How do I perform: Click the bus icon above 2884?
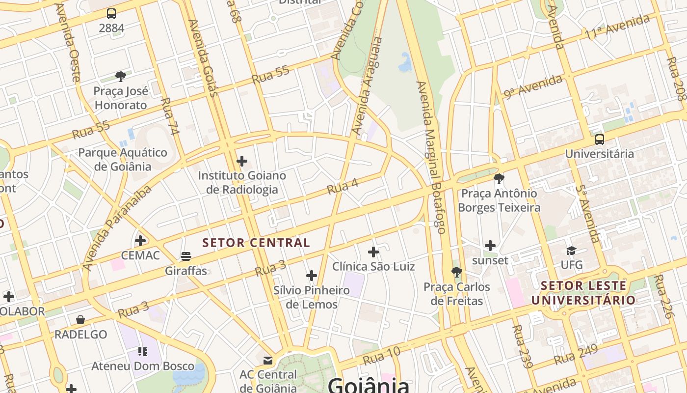click(x=111, y=14)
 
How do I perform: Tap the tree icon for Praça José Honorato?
click(x=120, y=76)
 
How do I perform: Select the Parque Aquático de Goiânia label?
click(x=123, y=159)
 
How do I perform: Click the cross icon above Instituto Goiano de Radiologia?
click(x=242, y=161)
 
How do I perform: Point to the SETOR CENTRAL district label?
click(x=256, y=243)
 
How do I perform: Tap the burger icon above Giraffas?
click(x=185, y=256)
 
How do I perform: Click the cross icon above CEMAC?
click(x=140, y=241)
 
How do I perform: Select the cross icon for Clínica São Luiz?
click(x=373, y=252)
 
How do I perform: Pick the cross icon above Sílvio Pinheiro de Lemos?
click(x=311, y=276)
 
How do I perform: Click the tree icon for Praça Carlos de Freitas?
click(x=457, y=272)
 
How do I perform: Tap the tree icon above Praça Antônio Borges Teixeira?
click(x=499, y=178)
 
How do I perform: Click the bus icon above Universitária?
click(x=599, y=139)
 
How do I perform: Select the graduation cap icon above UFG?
click(x=571, y=251)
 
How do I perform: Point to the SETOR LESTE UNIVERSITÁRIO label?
click(x=583, y=293)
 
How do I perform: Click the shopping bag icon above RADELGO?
click(x=80, y=320)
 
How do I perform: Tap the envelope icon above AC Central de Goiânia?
click(x=268, y=360)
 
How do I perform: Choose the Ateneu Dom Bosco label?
click(x=143, y=366)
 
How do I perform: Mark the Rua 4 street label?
click(x=343, y=186)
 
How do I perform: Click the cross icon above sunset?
click(x=490, y=246)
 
